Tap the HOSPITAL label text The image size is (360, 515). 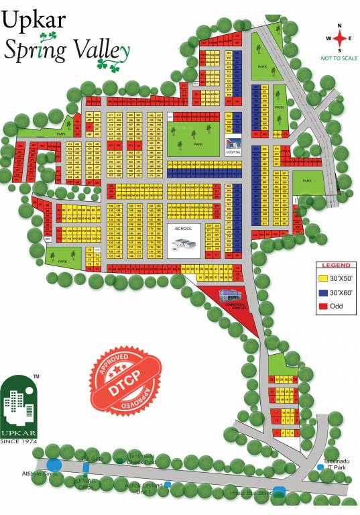pyautogui.click(x=233, y=152)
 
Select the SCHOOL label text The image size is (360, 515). pyautogui.click(x=183, y=229)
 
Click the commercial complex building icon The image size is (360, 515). pyautogui.click(x=230, y=296)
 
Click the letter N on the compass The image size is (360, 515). pyautogui.click(x=340, y=25)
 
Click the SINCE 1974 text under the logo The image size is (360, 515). pyautogui.click(x=18, y=441)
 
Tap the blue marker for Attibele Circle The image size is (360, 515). pyautogui.click(x=54, y=463)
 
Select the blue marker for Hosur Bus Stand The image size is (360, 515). pyautogui.click(x=280, y=490)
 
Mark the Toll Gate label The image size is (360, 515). pyautogui.click(x=90, y=458)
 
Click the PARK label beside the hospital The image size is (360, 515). pyautogui.click(x=198, y=144)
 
